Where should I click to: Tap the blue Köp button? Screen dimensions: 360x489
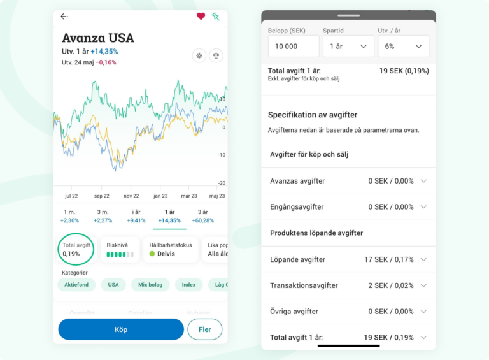coord(121,329)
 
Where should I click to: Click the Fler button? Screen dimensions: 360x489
coord(204,329)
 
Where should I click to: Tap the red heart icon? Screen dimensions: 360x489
coord(201,17)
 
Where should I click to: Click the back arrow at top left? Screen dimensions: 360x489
coord(64,17)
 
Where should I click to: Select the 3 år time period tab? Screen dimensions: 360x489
coord(202,216)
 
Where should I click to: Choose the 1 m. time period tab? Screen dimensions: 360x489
coord(69,216)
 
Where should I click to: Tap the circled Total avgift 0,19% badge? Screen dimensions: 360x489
coord(76,249)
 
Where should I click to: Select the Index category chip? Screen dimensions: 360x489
coord(188,285)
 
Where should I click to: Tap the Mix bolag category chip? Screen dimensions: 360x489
coord(151,285)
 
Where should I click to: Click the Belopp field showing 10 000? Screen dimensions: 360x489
coord(294,47)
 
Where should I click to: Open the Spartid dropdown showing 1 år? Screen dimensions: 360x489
coord(348,47)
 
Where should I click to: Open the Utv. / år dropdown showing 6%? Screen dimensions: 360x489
coord(403,47)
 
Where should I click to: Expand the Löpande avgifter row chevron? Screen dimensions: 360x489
coord(423,259)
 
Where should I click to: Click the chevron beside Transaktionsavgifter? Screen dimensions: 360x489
coord(423,285)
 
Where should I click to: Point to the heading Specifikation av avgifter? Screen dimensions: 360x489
coord(313,115)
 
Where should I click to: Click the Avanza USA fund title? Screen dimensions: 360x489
coord(98,38)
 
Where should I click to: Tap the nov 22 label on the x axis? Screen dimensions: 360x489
coord(131,196)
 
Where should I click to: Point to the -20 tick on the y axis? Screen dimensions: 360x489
coord(222,183)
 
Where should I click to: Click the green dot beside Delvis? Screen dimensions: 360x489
coord(152,254)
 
